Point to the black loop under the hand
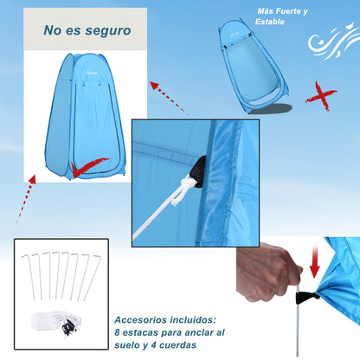pos(305,298)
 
